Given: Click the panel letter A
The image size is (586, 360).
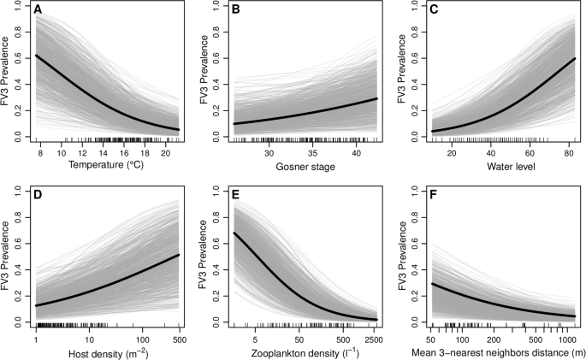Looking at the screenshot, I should click(x=38, y=11).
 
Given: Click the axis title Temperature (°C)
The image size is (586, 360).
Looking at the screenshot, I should click(x=107, y=163).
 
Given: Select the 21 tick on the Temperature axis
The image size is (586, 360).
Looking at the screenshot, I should click(x=177, y=151).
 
